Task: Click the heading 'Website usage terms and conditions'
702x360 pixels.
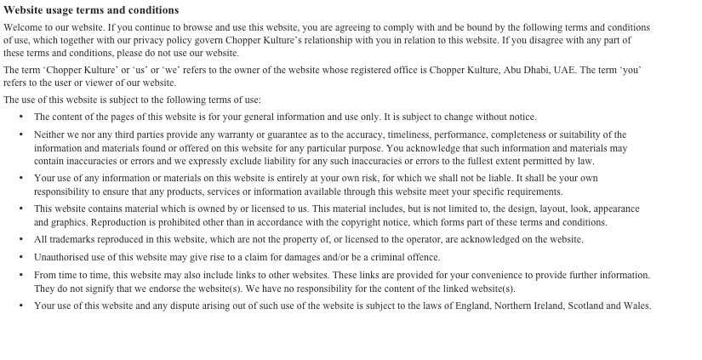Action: point(91,10)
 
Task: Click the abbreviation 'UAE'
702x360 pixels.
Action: point(564,70)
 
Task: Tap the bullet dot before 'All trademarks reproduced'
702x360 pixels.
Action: point(21,240)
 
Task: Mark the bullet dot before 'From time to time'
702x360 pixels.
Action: point(21,275)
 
